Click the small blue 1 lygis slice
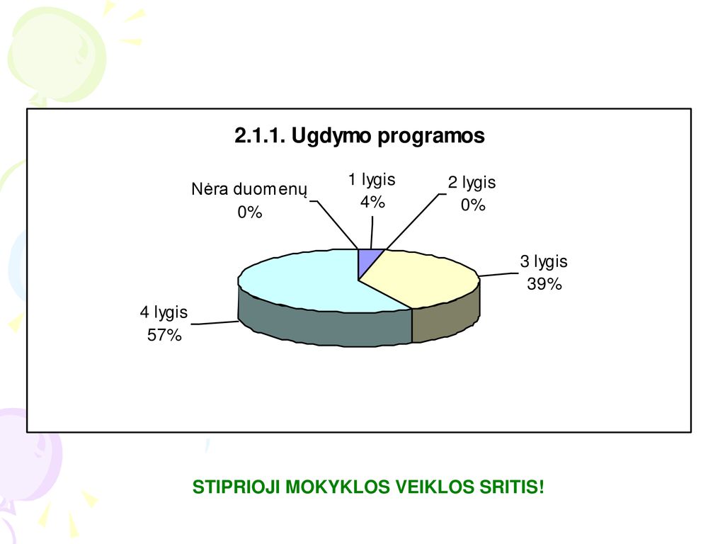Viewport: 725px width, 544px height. tap(368, 260)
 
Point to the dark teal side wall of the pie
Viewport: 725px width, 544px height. tap(324, 326)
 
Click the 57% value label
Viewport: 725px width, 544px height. tap(164, 335)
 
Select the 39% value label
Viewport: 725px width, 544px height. tap(544, 283)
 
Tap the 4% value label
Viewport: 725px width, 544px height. tap(372, 202)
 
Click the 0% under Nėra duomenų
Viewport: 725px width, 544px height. tap(250, 212)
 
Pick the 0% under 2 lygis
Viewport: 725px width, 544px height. tap(473, 205)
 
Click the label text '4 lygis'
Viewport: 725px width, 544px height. tap(164, 312)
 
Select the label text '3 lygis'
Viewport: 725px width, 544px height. tap(544, 262)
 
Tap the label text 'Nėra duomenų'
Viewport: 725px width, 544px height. tap(249, 189)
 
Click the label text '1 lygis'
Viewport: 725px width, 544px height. tap(372, 180)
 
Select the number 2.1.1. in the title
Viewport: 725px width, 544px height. tap(261, 135)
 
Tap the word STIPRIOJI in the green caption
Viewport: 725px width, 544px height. tap(236, 487)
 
